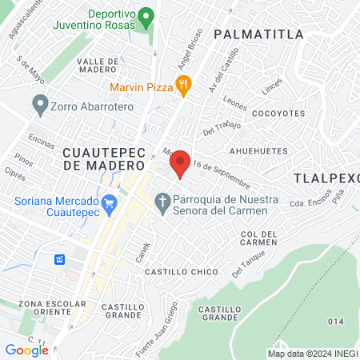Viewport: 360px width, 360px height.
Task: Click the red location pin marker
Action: (x=180, y=164)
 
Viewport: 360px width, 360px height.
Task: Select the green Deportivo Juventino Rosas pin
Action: (x=145, y=16)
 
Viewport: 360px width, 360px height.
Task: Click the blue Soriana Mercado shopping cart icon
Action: (x=110, y=206)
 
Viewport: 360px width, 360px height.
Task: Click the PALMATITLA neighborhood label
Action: (x=259, y=34)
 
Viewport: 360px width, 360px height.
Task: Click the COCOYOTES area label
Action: (x=273, y=114)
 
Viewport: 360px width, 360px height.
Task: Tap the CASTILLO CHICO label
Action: (x=181, y=272)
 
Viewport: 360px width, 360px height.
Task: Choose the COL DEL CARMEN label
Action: (x=258, y=238)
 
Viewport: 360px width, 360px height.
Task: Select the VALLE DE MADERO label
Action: (x=98, y=66)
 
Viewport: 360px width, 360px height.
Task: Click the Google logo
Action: (x=26, y=350)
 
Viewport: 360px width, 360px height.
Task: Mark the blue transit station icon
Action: (x=58, y=260)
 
